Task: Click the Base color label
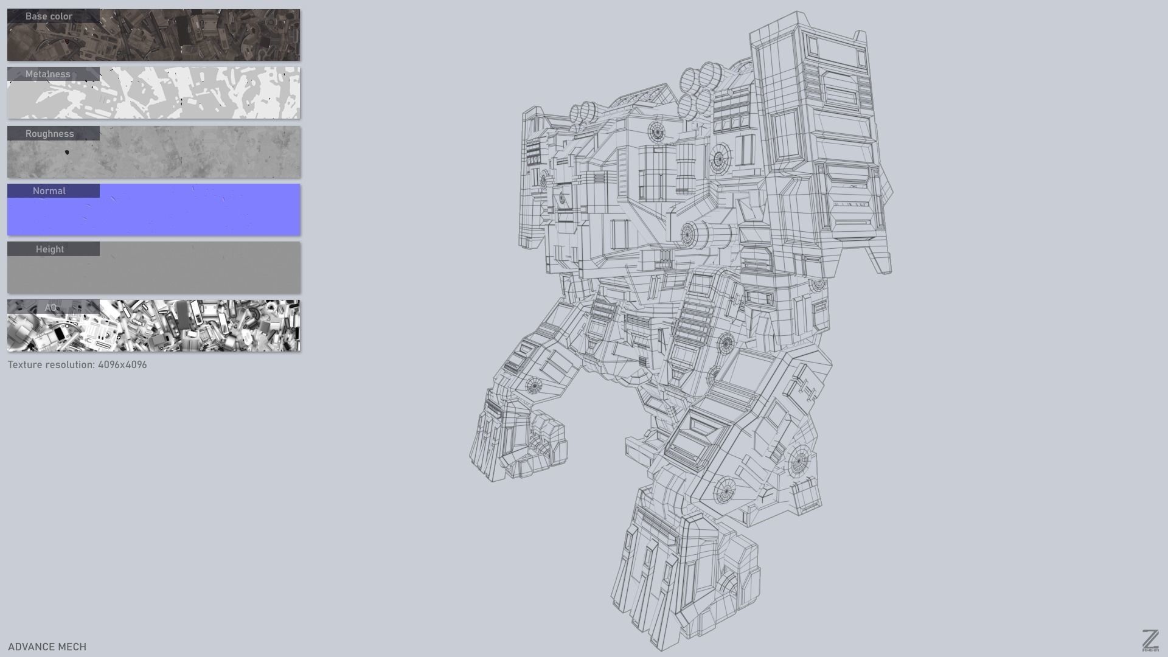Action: pos(49,16)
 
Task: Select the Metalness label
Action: pos(47,74)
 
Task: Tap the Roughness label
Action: pos(49,134)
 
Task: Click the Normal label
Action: pos(49,191)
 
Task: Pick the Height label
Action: pos(49,249)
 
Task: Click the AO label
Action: pos(50,307)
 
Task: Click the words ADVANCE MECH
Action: pos(47,647)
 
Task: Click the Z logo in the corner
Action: pos(1150,640)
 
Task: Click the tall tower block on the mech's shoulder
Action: pos(815,122)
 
